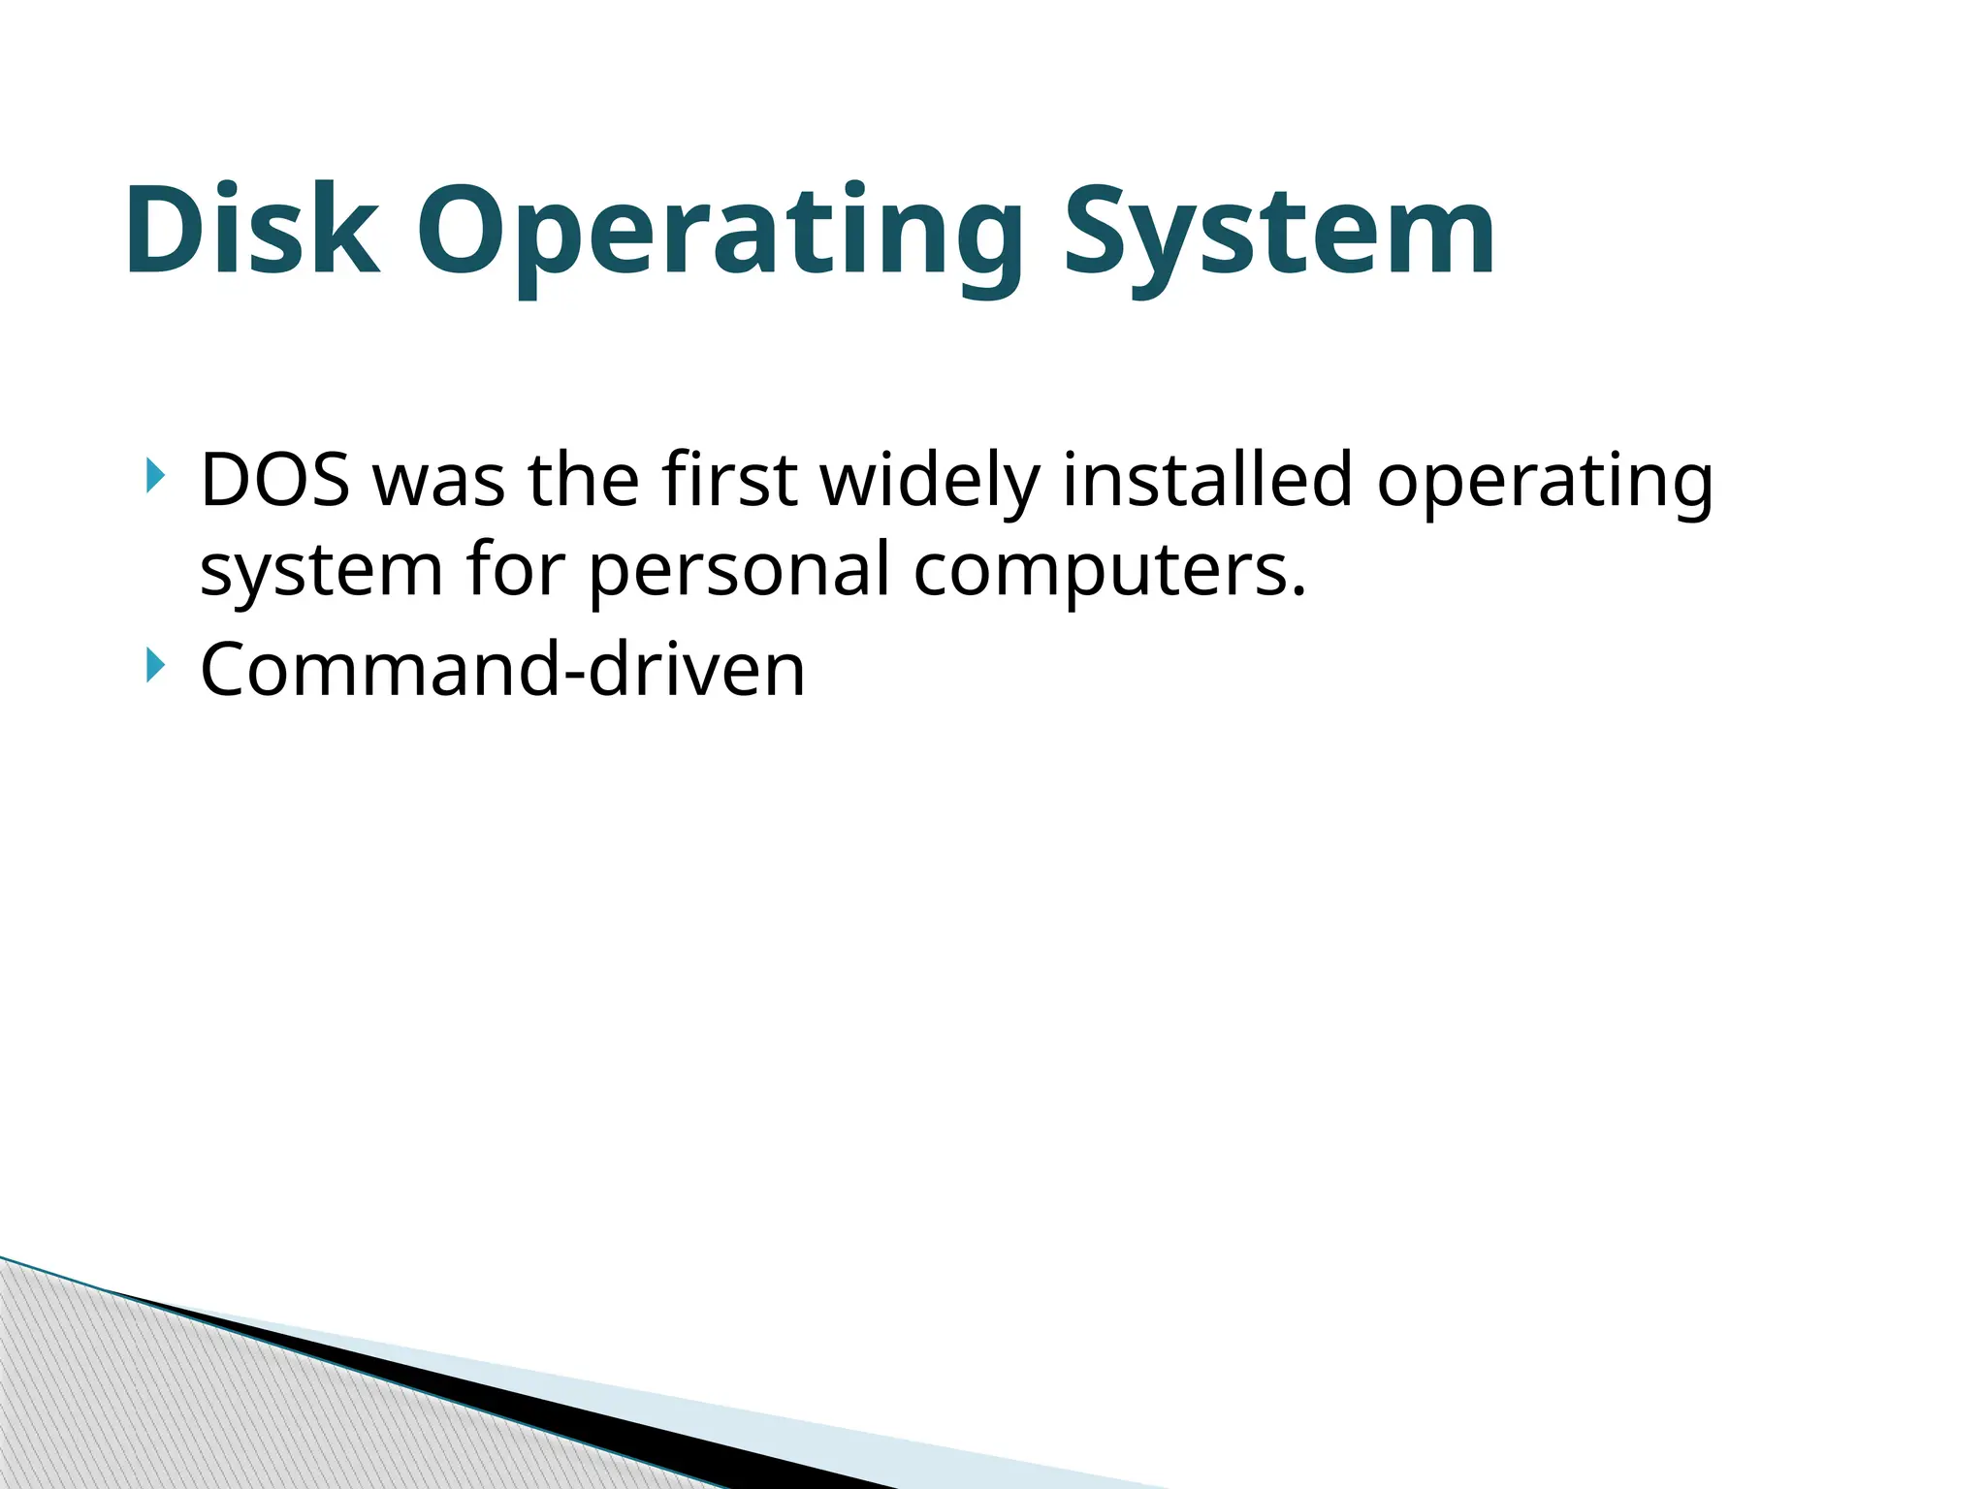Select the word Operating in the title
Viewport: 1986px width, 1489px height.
[721, 233]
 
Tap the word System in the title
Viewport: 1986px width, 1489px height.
[1279, 233]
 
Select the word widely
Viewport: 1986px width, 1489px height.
[930, 481]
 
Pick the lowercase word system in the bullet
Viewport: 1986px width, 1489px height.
[321, 570]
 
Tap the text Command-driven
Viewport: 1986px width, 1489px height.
[502, 669]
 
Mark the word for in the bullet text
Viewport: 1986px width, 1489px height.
[515, 570]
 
